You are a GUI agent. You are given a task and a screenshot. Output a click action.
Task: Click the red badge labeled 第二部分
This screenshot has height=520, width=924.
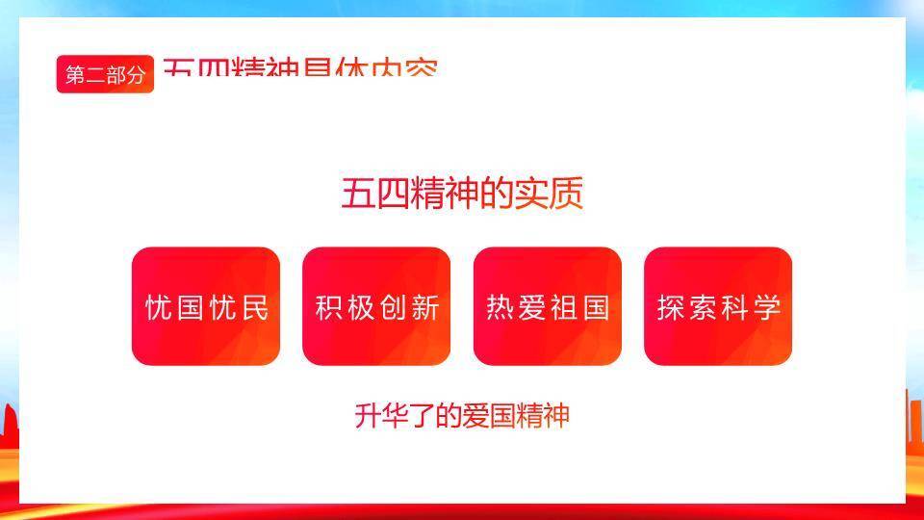point(105,74)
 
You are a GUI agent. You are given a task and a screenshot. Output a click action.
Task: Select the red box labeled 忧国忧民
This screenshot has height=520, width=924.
point(206,306)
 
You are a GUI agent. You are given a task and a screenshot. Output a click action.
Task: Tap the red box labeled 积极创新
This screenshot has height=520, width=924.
point(376,306)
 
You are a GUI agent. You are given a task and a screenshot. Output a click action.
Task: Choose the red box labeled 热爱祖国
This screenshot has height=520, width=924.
point(548,306)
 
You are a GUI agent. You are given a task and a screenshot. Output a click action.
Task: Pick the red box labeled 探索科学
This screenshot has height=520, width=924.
point(718,306)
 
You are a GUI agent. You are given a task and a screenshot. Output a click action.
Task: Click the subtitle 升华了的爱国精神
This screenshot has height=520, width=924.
point(462,416)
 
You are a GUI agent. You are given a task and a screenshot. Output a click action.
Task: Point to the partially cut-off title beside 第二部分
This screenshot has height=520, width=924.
point(299,68)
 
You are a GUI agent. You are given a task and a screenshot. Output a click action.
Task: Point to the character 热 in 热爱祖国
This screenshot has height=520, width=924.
point(500,307)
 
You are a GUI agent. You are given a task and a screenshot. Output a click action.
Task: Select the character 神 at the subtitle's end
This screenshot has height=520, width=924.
point(556,416)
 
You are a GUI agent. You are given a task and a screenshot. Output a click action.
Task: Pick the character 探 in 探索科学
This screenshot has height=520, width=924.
point(671,307)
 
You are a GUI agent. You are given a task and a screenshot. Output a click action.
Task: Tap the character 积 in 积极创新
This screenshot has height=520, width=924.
point(328,307)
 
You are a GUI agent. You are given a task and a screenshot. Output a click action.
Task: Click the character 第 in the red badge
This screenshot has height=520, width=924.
point(75,75)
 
